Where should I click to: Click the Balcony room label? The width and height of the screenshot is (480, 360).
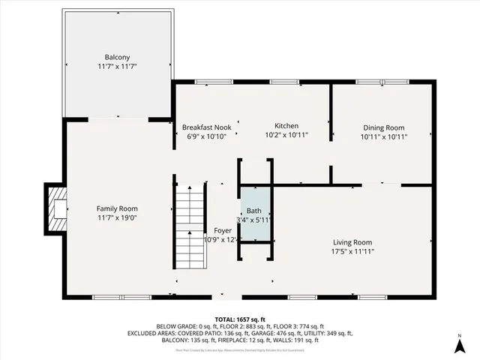[117, 57]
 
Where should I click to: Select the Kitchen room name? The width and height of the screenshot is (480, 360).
[286, 125]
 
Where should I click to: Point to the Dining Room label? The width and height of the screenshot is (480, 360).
[383, 127]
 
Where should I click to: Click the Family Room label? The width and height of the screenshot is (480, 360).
[117, 208]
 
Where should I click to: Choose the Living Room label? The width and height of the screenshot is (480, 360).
[352, 242]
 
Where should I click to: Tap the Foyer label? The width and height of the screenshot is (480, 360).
[223, 230]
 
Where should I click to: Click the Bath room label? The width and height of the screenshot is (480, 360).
[256, 211]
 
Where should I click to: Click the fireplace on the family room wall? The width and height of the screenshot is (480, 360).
[55, 208]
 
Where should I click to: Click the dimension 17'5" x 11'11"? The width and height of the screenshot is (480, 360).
[352, 251]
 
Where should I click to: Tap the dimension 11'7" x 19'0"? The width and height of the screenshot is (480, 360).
[117, 217]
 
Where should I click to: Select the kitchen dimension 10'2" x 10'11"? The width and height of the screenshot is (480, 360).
[286, 136]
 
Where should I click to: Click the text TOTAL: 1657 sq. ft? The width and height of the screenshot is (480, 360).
[240, 318]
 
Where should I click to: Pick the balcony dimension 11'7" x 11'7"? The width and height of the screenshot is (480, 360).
[117, 67]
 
